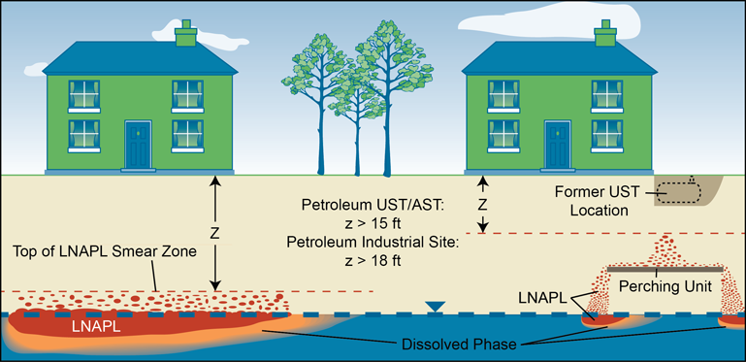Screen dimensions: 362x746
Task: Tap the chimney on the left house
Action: click(185, 32)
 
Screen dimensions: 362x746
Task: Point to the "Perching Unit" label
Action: click(666, 286)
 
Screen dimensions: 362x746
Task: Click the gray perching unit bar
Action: click(665, 268)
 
